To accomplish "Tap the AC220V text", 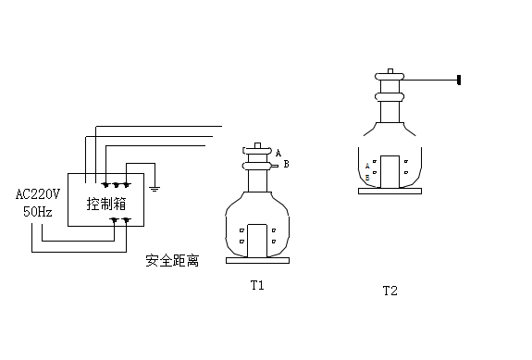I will (x=39, y=194).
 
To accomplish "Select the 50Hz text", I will (x=39, y=211).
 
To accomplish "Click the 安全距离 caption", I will (x=173, y=261).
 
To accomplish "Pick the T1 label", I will (x=257, y=285).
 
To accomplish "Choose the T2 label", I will (x=390, y=291).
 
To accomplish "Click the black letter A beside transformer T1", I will (x=278, y=153).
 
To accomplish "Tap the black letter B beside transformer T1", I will (x=286, y=164).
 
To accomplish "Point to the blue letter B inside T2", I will (x=368, y=176).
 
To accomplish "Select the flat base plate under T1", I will (x=257, y=261).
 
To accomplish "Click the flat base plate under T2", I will (x=390, y=191).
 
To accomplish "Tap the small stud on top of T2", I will (x=390, y=70).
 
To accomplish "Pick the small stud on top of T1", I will (x=257, y=146).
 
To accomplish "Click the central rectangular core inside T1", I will (x=257, y=239).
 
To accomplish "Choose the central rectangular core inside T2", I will (x=390, y=170).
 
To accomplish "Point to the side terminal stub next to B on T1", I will (x=273, y=166).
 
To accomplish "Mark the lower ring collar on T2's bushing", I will (x=390, y=95).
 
